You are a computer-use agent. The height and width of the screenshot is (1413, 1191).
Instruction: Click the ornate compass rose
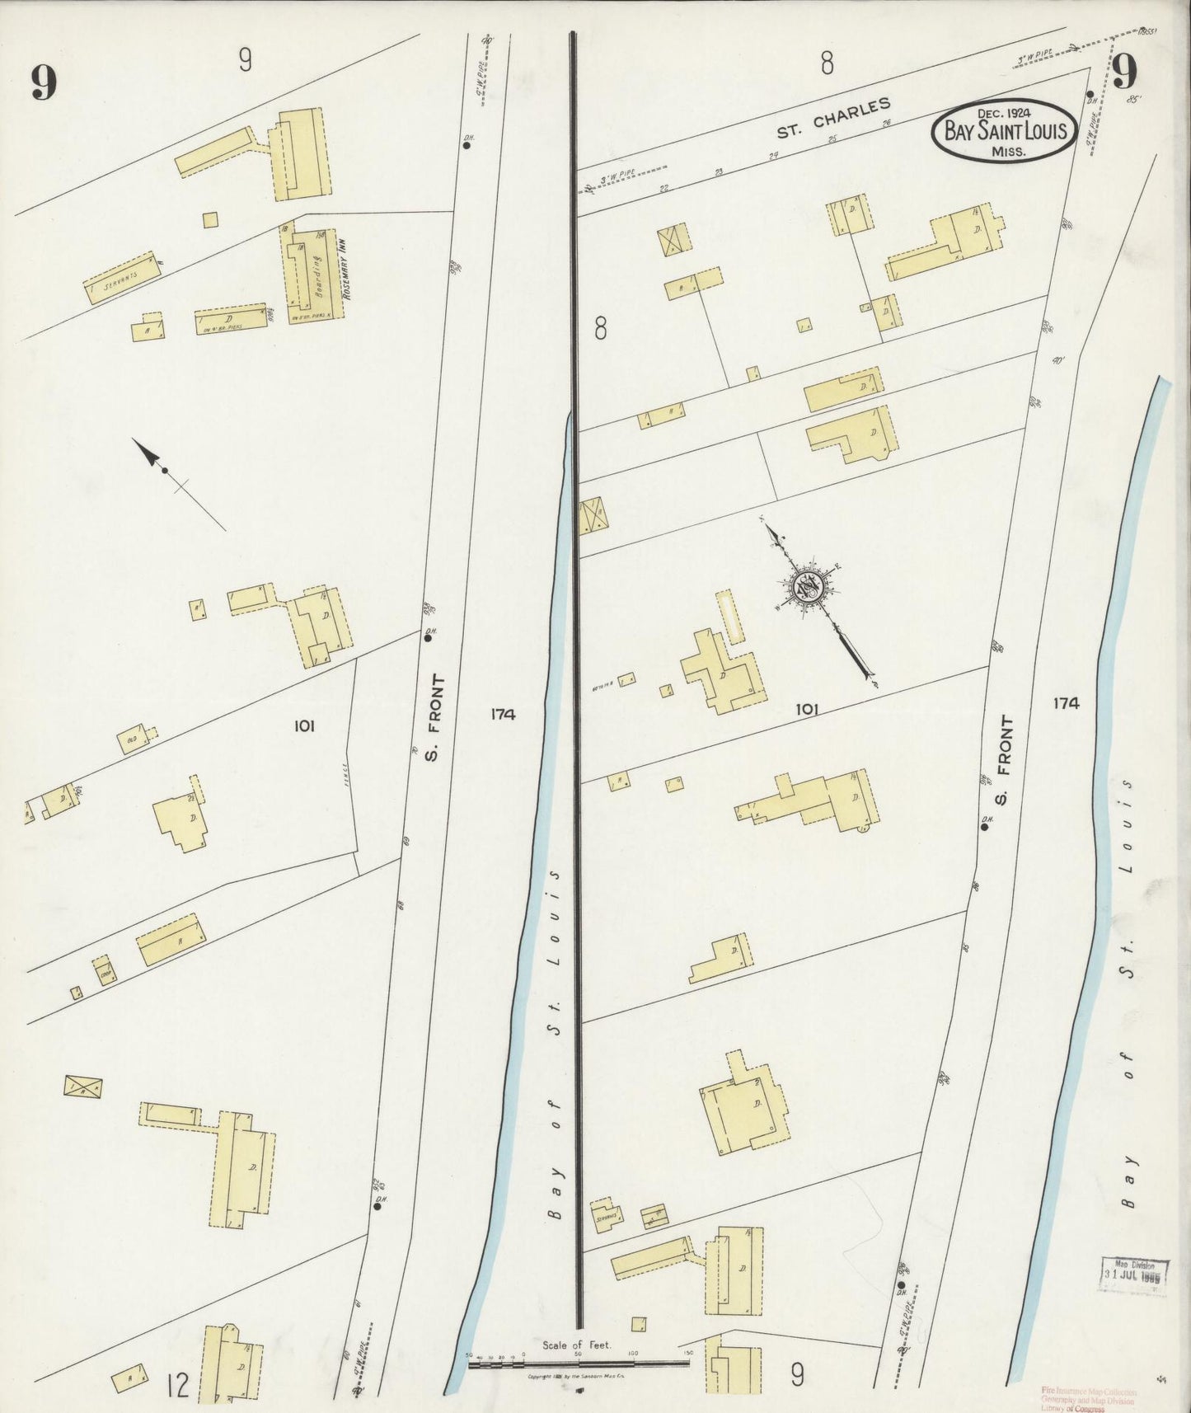point(805,586)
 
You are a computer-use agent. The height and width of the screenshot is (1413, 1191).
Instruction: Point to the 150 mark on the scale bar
point(688,1353)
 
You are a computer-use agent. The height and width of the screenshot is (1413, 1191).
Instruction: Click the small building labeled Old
point(132,738)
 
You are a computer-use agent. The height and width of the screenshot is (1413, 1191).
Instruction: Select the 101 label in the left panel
point(304,725)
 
